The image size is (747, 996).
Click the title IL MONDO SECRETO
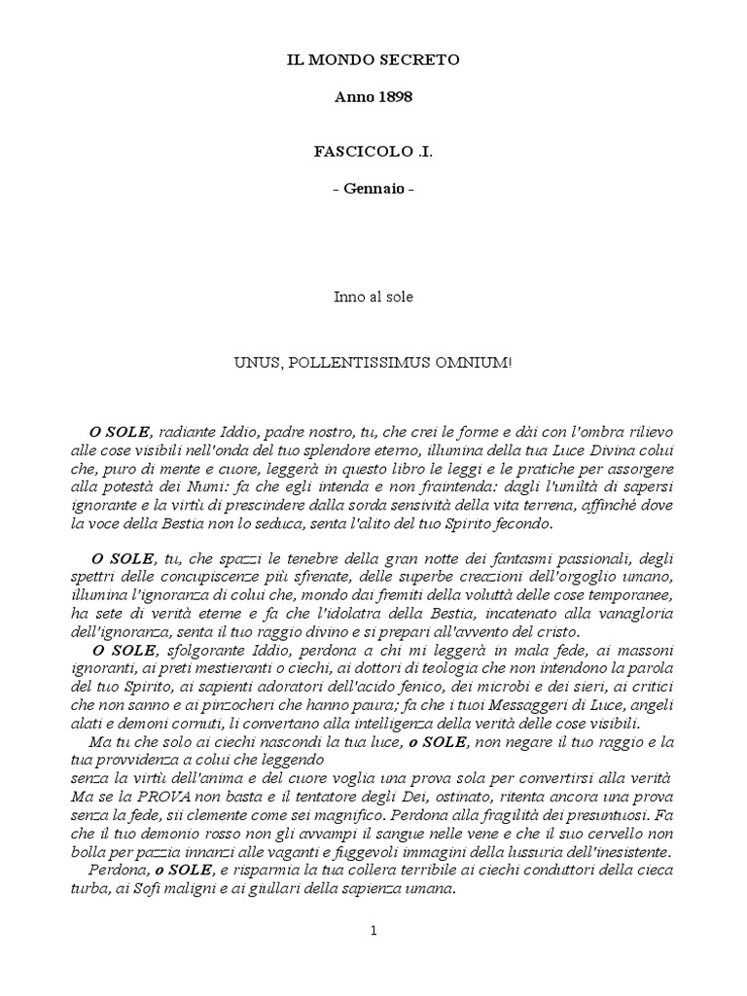[373, 60]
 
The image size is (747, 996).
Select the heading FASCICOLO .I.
[373, 153]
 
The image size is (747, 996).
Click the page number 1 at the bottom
[373, 931]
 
